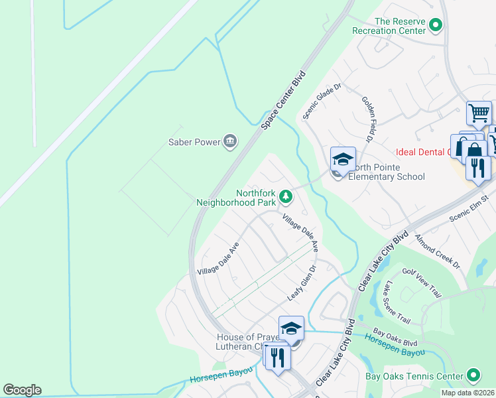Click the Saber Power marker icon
click(231, 141)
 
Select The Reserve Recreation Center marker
click(436, 26)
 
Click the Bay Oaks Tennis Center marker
click(473, 376)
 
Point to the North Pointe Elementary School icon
click(343, 160)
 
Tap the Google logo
click(22, 390)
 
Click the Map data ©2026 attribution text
click(467, 393)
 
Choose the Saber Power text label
click(193, 141)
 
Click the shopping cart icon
click(479, 112)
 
